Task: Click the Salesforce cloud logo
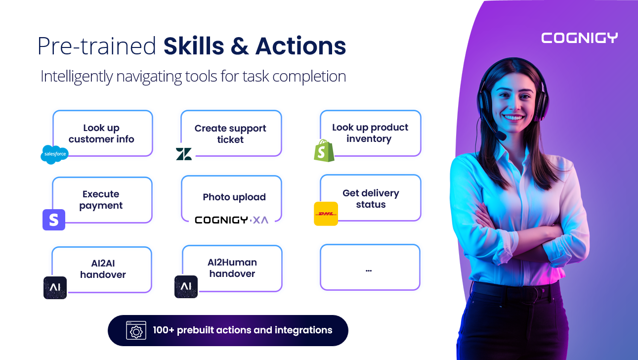54,155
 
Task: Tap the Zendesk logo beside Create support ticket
184,154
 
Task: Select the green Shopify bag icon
324,150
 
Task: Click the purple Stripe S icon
54,220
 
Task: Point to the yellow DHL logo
326,214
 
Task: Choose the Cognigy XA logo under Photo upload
231,220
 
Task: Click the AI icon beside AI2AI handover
55,287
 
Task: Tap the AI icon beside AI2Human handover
186,287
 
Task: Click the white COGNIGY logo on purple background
579,38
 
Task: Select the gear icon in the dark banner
135,331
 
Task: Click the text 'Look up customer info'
101,134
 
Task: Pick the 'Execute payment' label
101,200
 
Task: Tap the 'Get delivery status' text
371,199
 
